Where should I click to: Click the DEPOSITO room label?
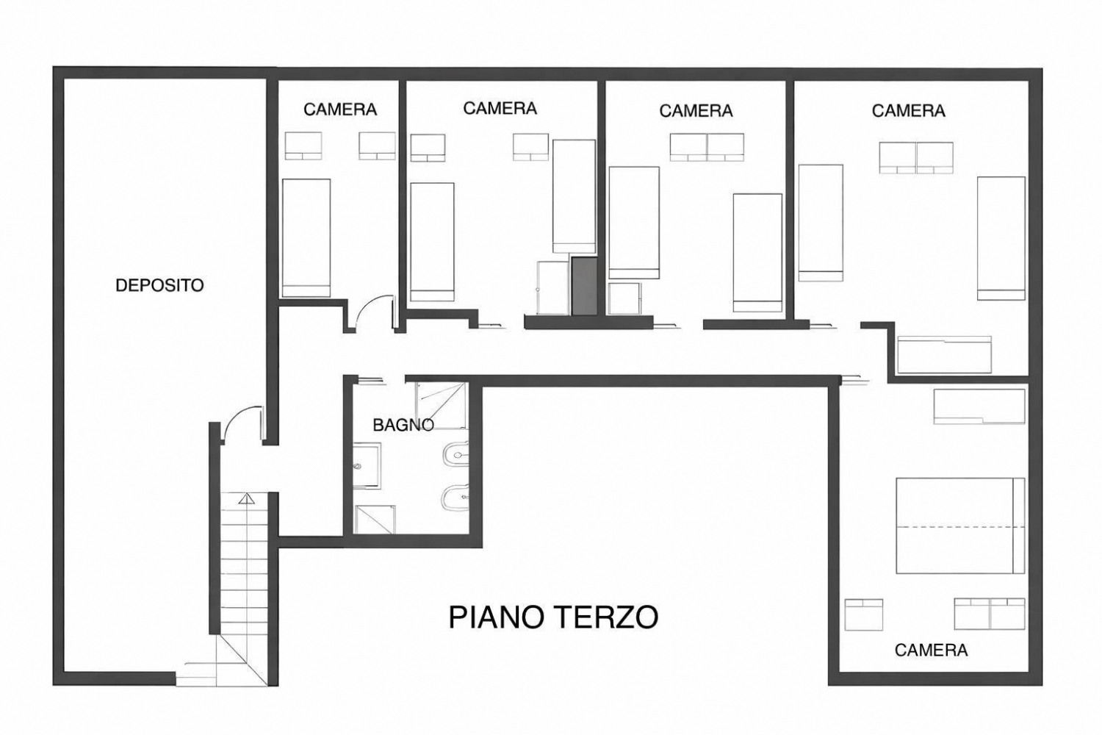click(x=159, y=285)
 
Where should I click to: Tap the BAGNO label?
click(x=403, y=424)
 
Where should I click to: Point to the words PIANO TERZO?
click(x=553, y=617)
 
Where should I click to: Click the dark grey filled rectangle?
click(x=585, y=286)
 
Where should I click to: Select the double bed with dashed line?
click(x=959, y=526)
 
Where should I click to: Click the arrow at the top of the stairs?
click(x=246, y=499)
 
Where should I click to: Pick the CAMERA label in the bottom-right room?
click(x=931, y=650)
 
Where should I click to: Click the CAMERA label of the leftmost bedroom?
click(x=340, y=110)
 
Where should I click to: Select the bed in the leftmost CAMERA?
click(x=306, y=238)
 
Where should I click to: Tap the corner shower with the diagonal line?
click(x=441, y=405)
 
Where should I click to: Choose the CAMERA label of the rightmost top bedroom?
click(x=908, y=111)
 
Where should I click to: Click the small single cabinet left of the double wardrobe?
click(x=863, y=614)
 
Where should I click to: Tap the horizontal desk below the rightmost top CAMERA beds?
click(x=944, y=354)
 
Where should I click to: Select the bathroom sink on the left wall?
click(x=367, y=466)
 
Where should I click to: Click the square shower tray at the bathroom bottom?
click(x=375, y=520)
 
